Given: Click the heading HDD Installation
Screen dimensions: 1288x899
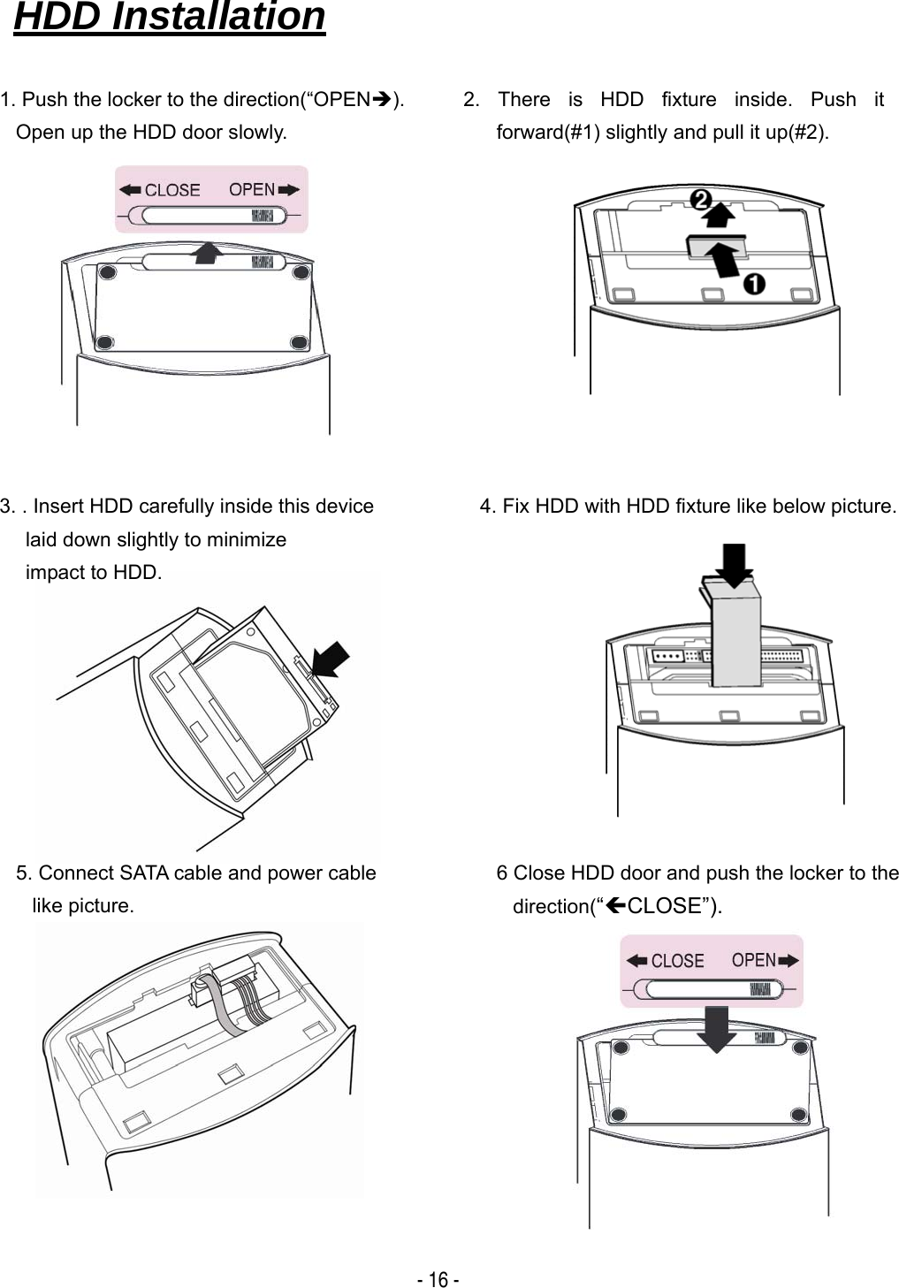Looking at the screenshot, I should tap(169, 17).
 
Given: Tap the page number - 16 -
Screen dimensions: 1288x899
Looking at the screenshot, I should tap(438, 1279).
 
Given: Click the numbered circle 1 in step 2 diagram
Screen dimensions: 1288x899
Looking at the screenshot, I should tap(753, 284).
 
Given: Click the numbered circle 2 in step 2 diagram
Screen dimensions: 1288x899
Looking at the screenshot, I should tap(700, 200).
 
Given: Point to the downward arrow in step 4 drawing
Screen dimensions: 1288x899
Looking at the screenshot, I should tap(734, 565).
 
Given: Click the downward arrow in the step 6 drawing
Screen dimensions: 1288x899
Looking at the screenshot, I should tap(716, 1028).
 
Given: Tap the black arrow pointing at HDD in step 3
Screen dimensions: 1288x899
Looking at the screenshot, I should tap(331, 659).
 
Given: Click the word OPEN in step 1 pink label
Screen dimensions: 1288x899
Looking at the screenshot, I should tap(252, 189).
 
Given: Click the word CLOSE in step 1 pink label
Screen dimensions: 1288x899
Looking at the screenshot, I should tap(171, 190).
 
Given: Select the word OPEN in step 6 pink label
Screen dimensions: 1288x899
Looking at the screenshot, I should tap(753, 960).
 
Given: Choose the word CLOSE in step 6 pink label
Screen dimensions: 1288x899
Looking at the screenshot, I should tap(677, 961).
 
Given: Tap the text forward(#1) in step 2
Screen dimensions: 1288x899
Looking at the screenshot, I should tap(547, 132).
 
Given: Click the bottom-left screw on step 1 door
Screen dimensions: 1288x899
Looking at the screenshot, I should tap(104, 342).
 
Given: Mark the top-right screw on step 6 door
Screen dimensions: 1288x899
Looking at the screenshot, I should tap(800, 1048).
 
